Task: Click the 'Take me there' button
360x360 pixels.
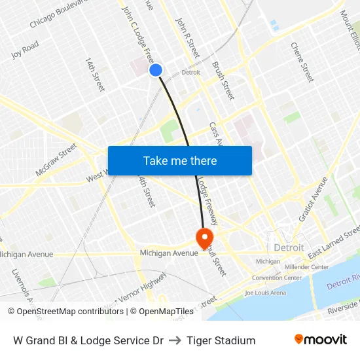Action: (x=179, y=160)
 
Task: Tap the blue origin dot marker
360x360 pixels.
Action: (x=156, y=70)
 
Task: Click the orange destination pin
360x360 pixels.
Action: (x=205, y=237)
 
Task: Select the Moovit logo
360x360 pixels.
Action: (x=320, y=340)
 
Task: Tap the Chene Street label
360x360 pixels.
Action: (x=302, y=62)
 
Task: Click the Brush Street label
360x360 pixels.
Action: (x=223, y=81)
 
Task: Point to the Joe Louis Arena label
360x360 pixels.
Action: (x=265, y=293)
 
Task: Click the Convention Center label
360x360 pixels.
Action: (x=276, y=278)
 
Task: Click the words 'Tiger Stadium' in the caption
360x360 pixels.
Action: (x=221, y=340)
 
